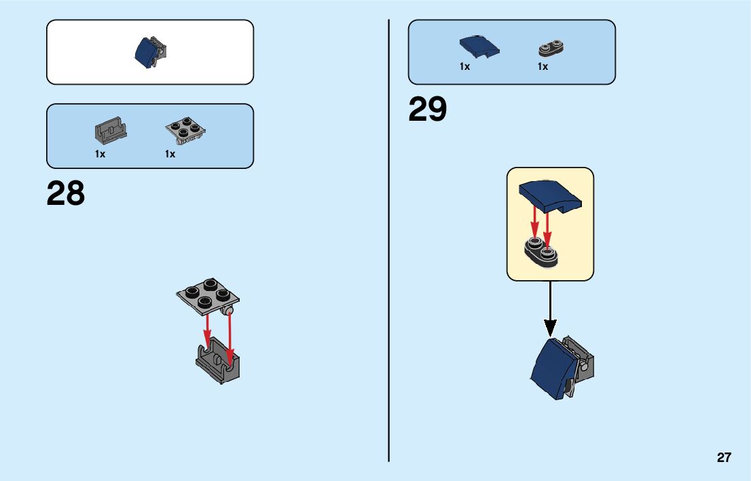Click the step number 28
tap(66, 194)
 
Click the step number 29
tap(428, 110)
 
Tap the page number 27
tap(724, 458)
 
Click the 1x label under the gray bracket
tap(100, 154)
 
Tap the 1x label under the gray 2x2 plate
tap(170, 154)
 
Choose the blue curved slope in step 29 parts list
tap(479, 46)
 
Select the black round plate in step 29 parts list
tap(552, 47)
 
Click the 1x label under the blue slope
tap(464, 66)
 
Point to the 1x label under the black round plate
tap(543, 66)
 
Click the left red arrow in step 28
tap(206, 329)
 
